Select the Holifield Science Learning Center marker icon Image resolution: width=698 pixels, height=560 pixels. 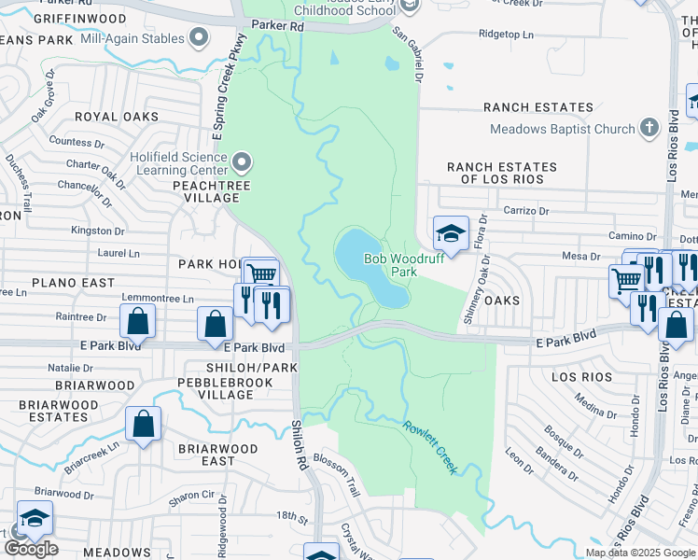(242, 162)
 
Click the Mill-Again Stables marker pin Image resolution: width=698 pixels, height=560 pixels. (198, 37)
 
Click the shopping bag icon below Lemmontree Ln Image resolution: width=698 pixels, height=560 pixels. (137, 321)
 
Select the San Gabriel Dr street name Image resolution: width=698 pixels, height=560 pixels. (407, 55)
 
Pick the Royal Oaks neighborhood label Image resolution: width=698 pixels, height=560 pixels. (109, 117)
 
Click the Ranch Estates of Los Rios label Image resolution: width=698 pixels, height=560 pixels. (501, 173)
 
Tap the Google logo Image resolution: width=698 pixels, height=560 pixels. (31, 549)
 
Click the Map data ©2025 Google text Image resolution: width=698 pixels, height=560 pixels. (639, 553)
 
